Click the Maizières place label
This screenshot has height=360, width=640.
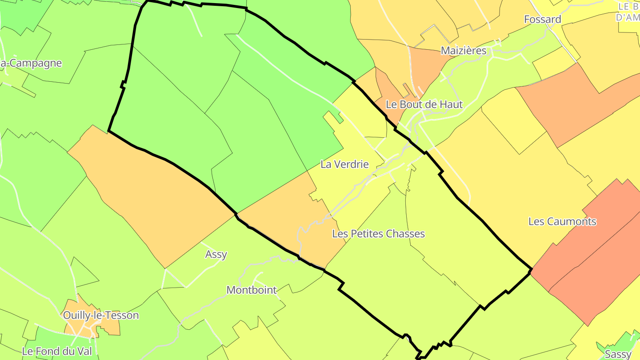[x=464, y=51]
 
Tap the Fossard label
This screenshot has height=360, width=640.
[x=542, y=19]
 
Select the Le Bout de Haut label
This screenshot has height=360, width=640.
[x=424, y=104]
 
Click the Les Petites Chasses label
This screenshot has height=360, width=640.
[x=378, y=233]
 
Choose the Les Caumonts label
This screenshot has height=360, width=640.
[x=562, y=221]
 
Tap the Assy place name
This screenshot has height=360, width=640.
[x=216, y=254]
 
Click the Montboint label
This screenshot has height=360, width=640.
[x=252, y=290]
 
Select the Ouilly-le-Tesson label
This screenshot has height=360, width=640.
[x=101, y=315]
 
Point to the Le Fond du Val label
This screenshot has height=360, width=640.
[x=57, y=351]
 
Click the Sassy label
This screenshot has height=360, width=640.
[x=618, y=354]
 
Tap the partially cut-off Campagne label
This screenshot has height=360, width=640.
[x=31, y=63]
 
